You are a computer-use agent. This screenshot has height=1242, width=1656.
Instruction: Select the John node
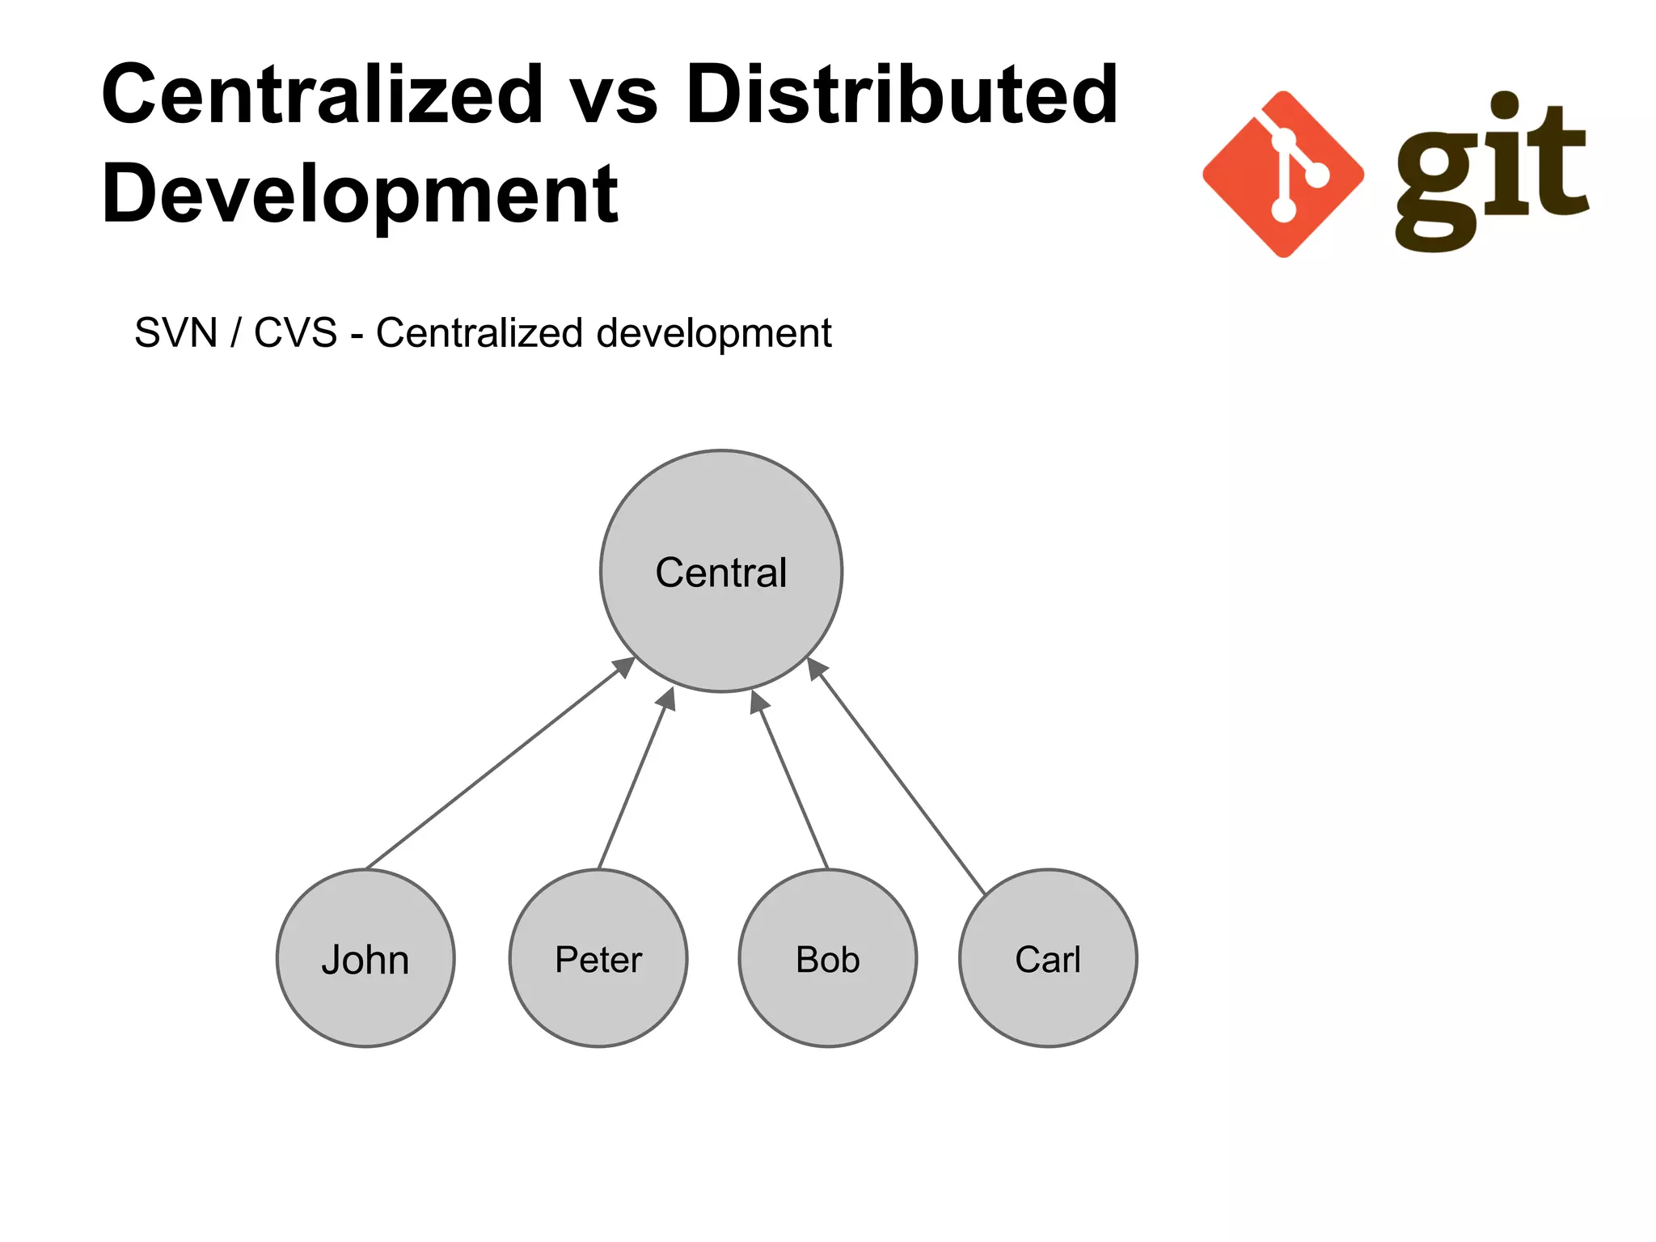pos(365,959)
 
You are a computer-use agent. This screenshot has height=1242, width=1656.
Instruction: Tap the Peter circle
pos(598,959)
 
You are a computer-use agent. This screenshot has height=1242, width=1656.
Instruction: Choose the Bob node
pos(827,959)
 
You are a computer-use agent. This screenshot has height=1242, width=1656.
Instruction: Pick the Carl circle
pos(1048,959)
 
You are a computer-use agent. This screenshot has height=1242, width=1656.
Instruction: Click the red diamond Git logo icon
pos(1283,174)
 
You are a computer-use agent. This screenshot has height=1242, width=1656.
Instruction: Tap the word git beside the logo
pos(1492,174)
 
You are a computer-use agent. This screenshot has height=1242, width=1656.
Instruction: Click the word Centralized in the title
pos(322,95)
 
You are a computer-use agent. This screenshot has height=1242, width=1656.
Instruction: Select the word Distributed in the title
pos(902,95)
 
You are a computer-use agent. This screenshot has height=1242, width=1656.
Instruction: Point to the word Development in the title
pos(360,194)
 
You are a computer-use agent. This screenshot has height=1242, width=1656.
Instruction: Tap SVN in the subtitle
pos(176,333)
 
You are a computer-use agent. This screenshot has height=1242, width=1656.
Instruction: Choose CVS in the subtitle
pos(295,333)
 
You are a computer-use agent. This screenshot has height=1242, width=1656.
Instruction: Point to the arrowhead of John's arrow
pos(624,666)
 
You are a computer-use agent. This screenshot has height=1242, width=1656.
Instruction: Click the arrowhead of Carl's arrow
pos(817,668)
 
